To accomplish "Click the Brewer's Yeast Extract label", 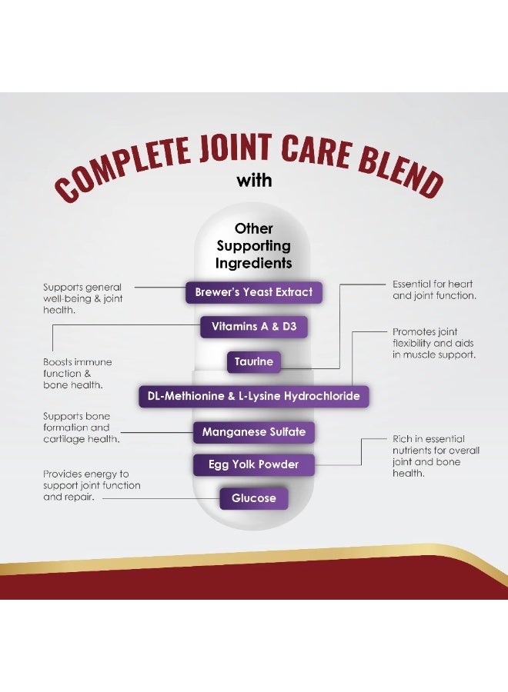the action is point(253,292).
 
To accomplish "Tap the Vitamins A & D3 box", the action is point(253,327).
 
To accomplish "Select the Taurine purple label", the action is point(253,362).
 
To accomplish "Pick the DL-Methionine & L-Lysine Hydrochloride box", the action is point(253,396).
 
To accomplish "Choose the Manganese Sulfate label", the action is point(253,432).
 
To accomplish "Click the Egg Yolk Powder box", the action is point(253,464).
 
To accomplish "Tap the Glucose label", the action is point(253,498).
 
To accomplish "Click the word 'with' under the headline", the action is point(254,181).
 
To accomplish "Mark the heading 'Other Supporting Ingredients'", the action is point(253,246).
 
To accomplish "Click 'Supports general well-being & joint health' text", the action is point(82,299).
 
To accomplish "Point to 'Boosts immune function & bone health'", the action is point(77,374).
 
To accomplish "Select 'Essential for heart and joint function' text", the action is point(434,290).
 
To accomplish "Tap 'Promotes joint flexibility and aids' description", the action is point(434,344).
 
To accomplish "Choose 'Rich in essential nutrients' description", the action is point(436,456).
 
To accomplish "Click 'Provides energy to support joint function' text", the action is point(92,485).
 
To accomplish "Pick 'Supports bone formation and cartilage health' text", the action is point(82,428).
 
